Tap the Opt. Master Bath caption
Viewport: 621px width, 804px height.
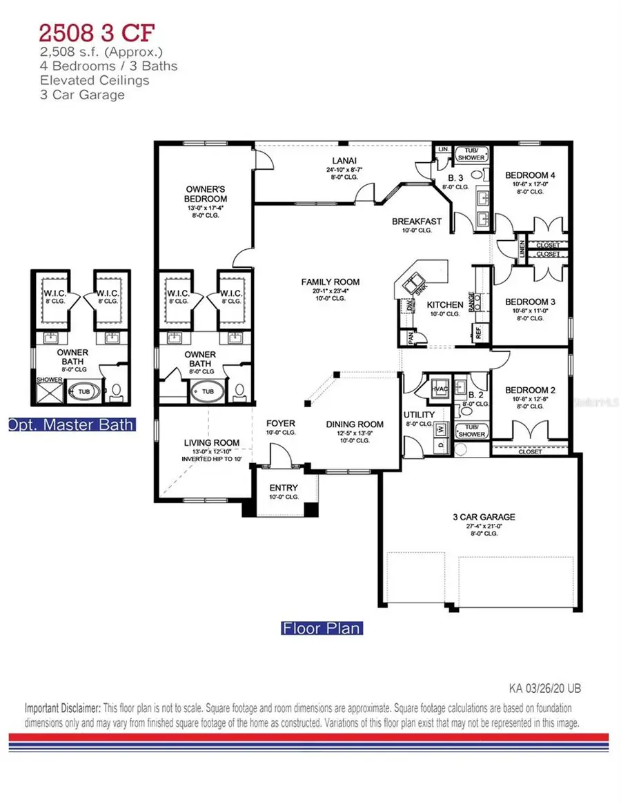point(71,424)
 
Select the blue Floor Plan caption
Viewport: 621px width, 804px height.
point(322,628)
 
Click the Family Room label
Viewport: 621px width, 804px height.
point(330,282)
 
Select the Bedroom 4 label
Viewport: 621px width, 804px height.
point(530,175)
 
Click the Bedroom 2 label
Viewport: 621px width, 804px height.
point(530,390)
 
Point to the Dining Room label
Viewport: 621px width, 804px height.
point(355,424)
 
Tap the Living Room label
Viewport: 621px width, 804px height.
point(211,442)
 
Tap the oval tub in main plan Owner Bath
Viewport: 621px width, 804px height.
point(208,392)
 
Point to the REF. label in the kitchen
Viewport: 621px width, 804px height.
point(477,333)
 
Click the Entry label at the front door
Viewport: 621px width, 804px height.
point(284,488)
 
